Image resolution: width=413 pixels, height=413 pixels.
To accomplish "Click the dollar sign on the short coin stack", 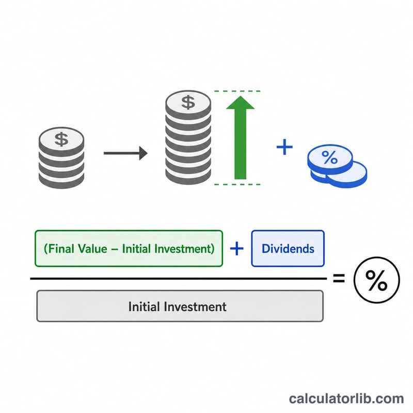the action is tap(61, 139).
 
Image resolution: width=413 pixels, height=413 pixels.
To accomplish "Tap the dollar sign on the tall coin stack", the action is tap(188, 102).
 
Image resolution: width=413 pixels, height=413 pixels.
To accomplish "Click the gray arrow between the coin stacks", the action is tap(125, 153).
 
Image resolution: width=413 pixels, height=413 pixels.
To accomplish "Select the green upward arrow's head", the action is tap(240, 103).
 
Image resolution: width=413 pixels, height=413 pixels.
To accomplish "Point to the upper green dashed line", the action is tap(237, 91).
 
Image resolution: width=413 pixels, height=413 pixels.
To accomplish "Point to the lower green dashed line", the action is tap(237, 184).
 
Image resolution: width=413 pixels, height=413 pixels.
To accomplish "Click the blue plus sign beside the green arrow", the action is tap(284, 147).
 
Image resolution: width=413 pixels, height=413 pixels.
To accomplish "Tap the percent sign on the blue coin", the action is tap(329, 157).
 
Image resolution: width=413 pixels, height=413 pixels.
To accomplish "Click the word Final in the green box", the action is tap(59, 249).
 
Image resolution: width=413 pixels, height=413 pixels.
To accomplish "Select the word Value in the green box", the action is tap(92, 249).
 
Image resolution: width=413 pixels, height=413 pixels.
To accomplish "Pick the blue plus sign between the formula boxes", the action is tap(237, 248).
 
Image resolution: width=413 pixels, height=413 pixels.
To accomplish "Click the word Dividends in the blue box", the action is tap(288, 249).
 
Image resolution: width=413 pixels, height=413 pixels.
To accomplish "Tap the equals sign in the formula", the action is tap(339, 278).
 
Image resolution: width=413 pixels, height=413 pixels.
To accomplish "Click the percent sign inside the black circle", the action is tap(376, 280).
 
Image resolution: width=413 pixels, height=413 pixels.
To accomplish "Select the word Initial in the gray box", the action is tap(144, 307).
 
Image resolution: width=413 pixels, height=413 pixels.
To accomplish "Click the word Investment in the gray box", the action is tap(195, 307).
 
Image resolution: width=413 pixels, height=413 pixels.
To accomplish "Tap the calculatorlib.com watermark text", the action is tap(346, 398).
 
